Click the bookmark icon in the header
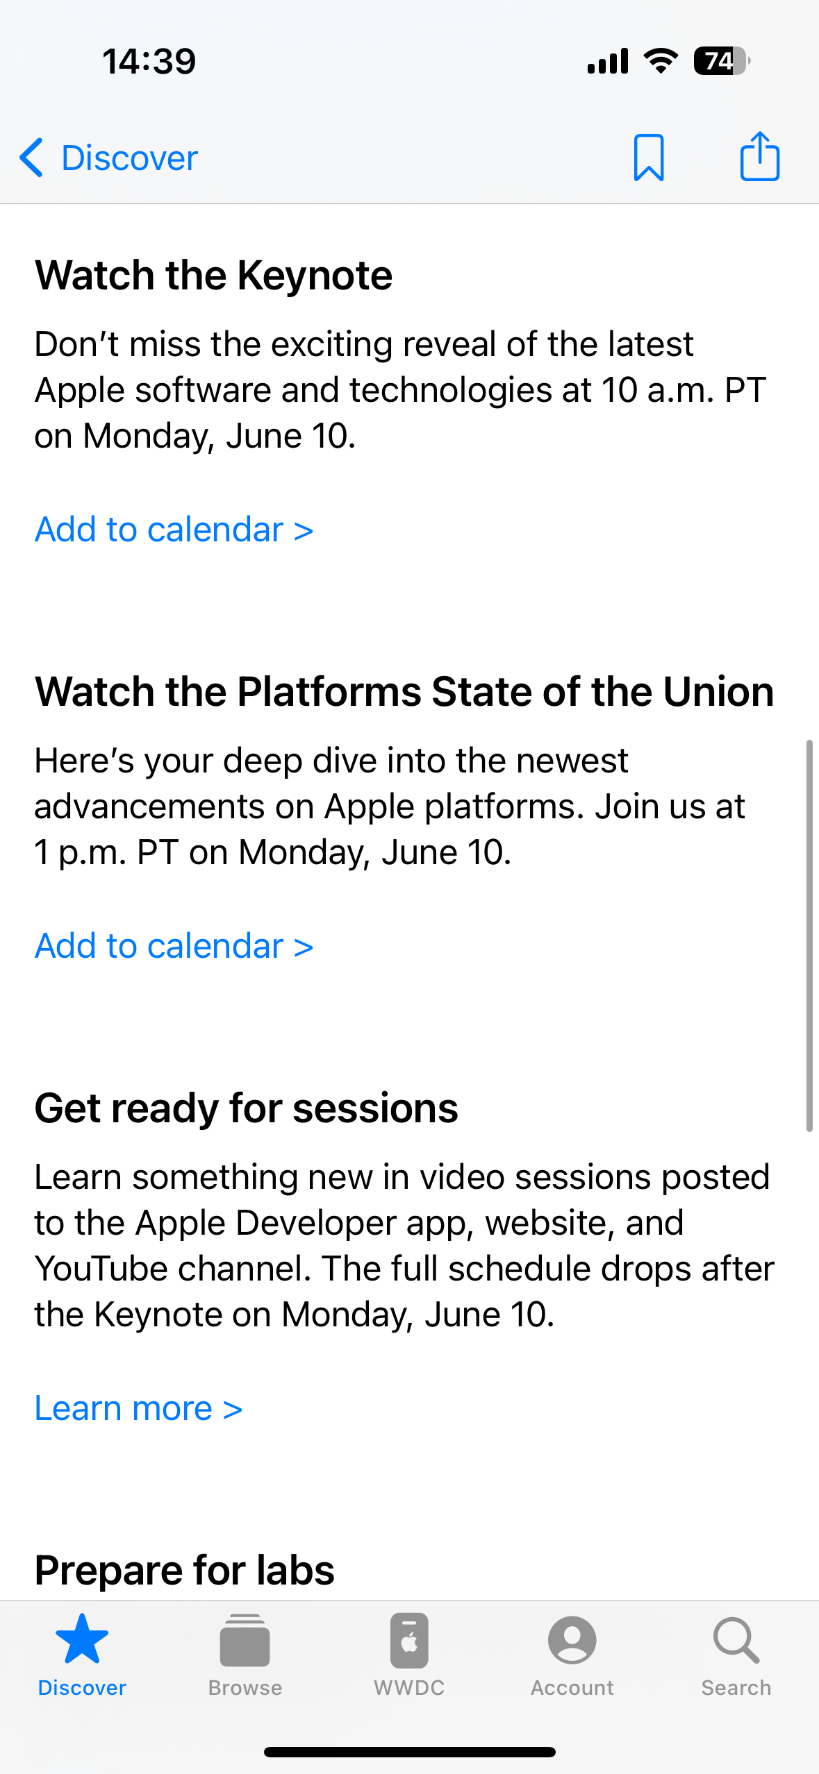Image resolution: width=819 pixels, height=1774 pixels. pos(649,158)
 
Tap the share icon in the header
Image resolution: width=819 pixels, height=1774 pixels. pos(759,156)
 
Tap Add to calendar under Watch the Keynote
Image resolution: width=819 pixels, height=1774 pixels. pos(174,530)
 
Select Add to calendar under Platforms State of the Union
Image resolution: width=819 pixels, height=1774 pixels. pos(174,946)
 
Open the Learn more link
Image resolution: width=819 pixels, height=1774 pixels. pos(139,1408)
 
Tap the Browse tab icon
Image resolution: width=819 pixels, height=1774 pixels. pos(245,1640)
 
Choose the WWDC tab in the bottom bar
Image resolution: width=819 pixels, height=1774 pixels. pos(409,1655)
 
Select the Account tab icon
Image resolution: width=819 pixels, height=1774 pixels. pos(572,1640)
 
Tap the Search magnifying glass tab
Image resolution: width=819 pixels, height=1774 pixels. pos(736,1641)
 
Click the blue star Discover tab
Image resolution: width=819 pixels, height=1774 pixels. pos(82,1639)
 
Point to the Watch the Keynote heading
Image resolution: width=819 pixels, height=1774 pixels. pos(214,276)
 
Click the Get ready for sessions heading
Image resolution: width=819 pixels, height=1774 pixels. pos(247,1108)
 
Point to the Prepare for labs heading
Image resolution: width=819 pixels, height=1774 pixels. pos(185,1570)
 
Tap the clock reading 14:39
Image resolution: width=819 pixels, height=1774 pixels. pos(149,61)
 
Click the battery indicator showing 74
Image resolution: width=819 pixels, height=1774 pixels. pos(722,61)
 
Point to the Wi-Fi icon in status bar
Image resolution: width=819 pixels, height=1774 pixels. pos(661,61)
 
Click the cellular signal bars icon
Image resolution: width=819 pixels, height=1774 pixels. pos(608,61)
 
